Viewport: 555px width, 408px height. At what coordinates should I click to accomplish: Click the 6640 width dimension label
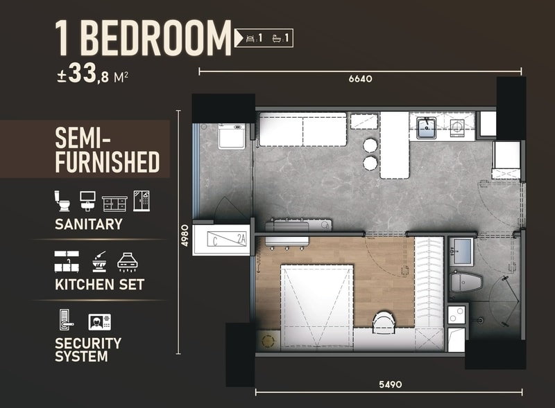(360, 78)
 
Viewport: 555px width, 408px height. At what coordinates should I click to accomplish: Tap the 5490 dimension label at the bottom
(391, 384)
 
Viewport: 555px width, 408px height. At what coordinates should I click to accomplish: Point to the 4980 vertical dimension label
(185, 235)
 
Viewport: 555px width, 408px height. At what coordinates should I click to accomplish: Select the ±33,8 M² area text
(93, 74)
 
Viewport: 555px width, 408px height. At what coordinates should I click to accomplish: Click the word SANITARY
(89, 224)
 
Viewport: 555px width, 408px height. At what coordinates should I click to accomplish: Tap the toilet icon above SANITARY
(62, 201)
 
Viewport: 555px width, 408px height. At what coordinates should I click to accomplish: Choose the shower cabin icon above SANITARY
(142, 201)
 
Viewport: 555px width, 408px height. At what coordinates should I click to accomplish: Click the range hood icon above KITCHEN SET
(128, 262)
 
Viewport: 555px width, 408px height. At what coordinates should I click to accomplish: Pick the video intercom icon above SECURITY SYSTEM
(99, 321)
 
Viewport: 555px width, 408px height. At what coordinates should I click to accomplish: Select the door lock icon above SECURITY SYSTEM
(66, 319)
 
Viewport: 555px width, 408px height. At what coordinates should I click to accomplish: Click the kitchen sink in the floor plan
(426, 128)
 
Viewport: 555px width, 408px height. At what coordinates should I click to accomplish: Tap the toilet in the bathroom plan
(466, 282)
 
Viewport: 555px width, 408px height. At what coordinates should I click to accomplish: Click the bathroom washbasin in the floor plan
(461, 251)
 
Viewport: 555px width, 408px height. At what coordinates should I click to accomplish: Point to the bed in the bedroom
(317, 306)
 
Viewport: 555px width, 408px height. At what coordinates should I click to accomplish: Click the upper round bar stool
(370, 145)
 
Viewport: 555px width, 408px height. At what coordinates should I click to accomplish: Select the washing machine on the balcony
(232, 136)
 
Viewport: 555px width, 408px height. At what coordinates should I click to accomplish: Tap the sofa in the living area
(303, 130)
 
